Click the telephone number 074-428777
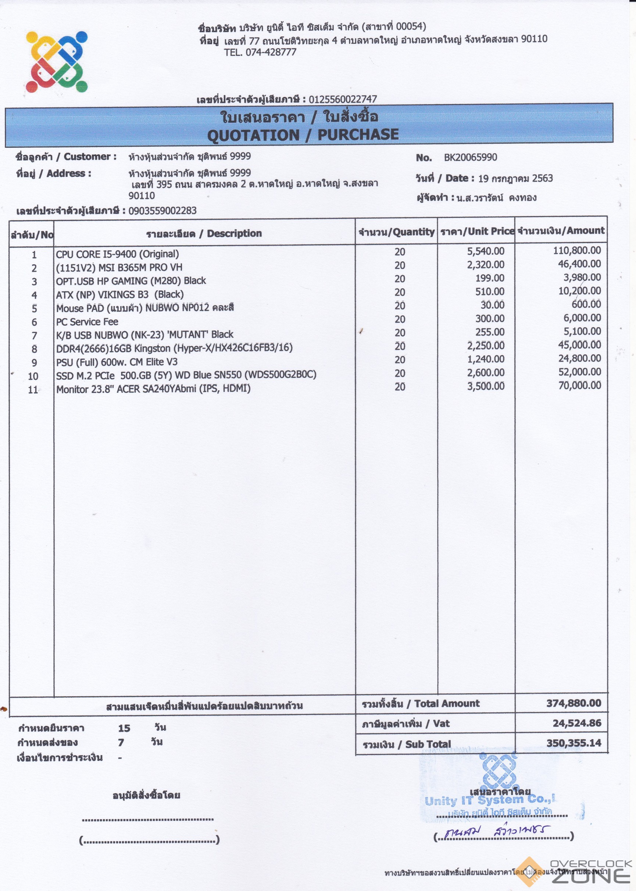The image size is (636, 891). tap(271, 53)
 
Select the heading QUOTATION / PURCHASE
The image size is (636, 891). tap(303, 135)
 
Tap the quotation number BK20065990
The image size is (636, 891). tap(470, 157)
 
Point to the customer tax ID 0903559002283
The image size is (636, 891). tap(162, 211)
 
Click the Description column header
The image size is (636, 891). tap(204, 233)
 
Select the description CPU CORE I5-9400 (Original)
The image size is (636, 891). tap(118, 254)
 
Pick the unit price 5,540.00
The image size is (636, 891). tap(486, 251)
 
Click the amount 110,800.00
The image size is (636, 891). tap(577, 250)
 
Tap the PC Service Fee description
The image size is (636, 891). tap(87, 322)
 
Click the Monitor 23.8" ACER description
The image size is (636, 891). tap(153, 389)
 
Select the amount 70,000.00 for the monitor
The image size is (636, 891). tap(580, 385)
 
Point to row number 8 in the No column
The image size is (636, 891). tap(35, 349)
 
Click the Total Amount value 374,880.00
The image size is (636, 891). tap(574, 703)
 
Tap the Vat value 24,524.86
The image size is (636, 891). tap(577, 723)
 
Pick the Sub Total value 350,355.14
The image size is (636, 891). tap(574, 743)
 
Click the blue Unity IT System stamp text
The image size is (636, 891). tap(490, 800)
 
